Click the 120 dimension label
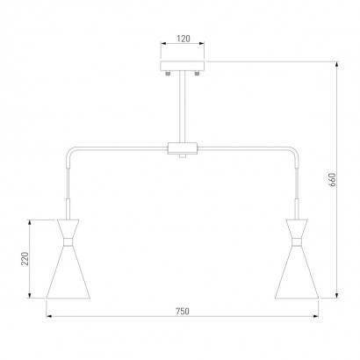click(x=184, y=39)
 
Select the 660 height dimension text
click(x=332, y=180)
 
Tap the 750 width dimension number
click(x=183, y=311)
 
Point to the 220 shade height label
click(x=25, y=259)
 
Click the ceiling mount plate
click(x=183, y=66)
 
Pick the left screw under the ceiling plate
click(x=168, y=73)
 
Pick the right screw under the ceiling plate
click(x=197, y=73)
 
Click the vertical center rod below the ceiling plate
click(x=183, y=107)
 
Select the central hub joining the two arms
click(x=183, y=148)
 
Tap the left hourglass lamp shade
click(x=68, y=259)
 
